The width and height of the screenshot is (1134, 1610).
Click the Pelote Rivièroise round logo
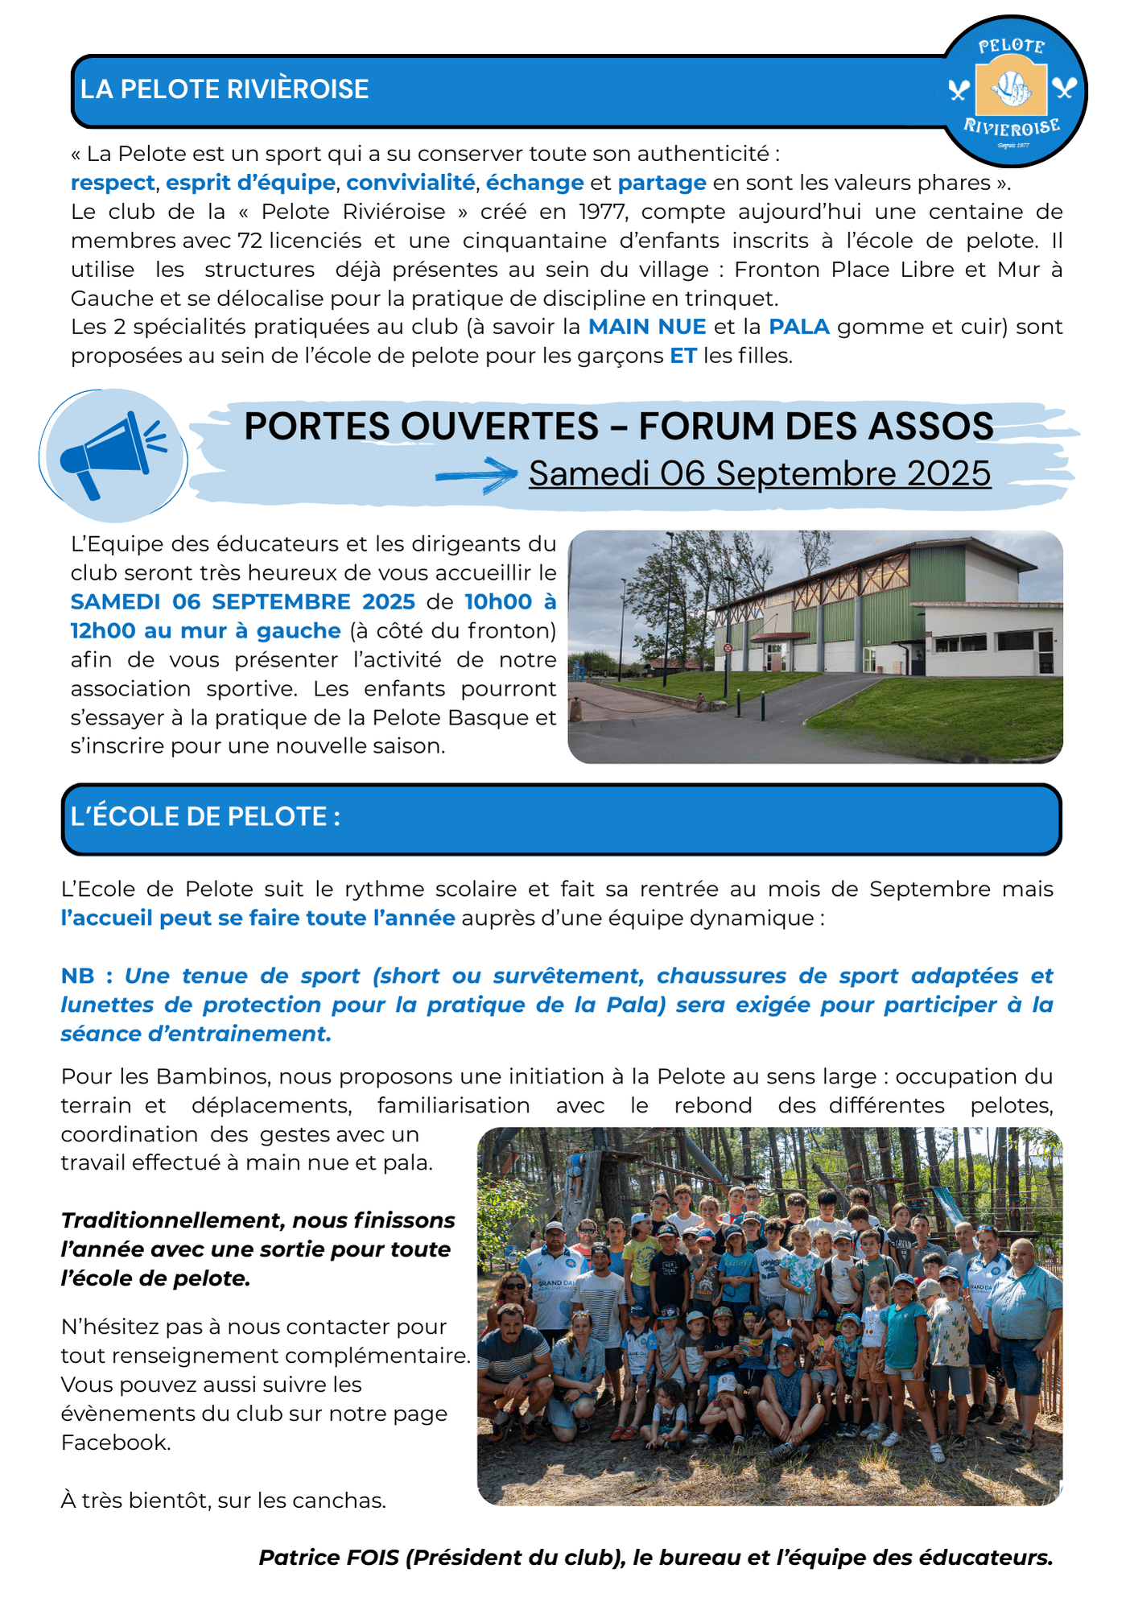coord(1012,90)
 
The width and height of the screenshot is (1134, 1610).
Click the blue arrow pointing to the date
coord(476,475)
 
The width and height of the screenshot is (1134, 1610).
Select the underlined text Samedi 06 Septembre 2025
coord(759,473)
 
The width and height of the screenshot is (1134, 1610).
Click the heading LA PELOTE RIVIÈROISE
coord(225,89)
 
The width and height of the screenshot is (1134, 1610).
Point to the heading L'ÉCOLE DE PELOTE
coord(205,816)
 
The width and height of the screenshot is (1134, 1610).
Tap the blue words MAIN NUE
coord(647,327)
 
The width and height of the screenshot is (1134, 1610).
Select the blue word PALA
coord(798,327)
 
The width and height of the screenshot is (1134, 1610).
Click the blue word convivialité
coord(410,183)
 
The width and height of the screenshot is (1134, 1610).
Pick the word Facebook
coord(114,1442)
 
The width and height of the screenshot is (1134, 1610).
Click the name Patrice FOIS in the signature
coord(328,1557)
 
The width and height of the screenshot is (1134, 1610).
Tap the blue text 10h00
coord(498,602)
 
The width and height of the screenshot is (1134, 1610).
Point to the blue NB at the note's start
coord(77,976)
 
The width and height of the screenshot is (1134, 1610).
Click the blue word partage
coord(662,183)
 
